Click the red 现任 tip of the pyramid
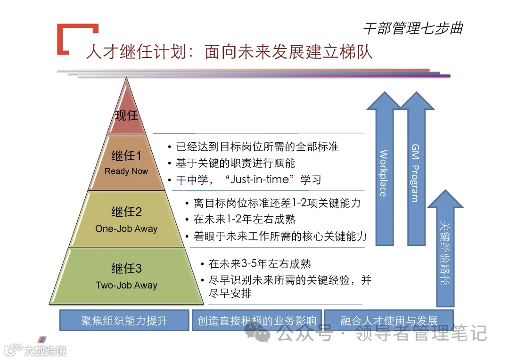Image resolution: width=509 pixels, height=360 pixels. (126, 115)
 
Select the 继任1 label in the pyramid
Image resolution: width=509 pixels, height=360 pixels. (126, 155)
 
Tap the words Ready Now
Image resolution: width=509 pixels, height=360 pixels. (126, 172)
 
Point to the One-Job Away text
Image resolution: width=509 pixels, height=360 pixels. (126, 229)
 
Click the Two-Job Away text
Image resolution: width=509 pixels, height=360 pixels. (126, 286)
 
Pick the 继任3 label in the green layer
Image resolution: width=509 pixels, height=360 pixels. (126, 269)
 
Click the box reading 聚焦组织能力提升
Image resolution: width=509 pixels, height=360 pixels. (124, 321)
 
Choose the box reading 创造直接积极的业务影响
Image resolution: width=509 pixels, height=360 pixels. (257, 321)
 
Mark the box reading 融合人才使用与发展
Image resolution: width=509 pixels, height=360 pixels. (388, 321)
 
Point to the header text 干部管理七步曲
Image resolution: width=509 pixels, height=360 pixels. (412, 29)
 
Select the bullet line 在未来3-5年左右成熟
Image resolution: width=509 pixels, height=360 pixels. (260, 264)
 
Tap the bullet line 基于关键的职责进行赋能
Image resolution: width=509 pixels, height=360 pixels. (235, 163)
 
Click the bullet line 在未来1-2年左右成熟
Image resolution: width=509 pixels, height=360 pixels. (245, 220)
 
